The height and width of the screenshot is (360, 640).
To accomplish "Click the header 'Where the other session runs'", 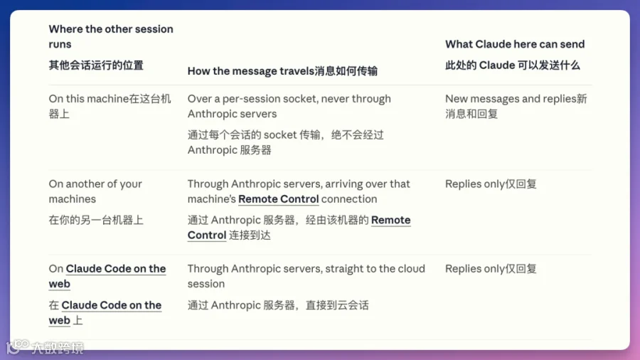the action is point(111,36).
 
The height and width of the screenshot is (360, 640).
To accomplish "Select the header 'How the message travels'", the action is point(250,71).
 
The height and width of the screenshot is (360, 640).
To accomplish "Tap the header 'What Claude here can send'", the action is point(515,44).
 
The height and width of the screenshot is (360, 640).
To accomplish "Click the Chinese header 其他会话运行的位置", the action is point(96,65).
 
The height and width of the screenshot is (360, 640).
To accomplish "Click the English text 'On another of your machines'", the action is point(95,191).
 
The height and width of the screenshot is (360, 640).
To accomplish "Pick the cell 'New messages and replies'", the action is point(510,99).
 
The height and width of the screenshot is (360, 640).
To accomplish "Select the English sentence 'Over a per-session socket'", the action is point(289,106).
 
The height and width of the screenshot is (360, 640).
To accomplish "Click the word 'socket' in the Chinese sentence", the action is point(280,135).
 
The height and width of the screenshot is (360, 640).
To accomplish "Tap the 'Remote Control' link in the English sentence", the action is point(278,199).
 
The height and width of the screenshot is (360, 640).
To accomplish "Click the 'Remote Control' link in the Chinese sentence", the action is point(299,228).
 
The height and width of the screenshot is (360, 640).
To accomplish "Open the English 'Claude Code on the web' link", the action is point(107,276).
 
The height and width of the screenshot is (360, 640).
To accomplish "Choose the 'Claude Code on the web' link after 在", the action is point(105,312).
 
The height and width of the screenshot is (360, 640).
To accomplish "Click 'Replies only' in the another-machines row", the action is point(475,184).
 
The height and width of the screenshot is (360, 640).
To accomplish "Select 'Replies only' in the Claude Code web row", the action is point(475,269).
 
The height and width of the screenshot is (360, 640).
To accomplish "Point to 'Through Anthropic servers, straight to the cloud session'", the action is point(306,276).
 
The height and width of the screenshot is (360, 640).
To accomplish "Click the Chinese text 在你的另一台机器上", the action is point(96,221).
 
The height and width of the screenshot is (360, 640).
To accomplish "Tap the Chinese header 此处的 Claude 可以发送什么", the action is point(512,65).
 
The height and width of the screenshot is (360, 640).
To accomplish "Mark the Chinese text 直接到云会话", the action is point(337,305).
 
